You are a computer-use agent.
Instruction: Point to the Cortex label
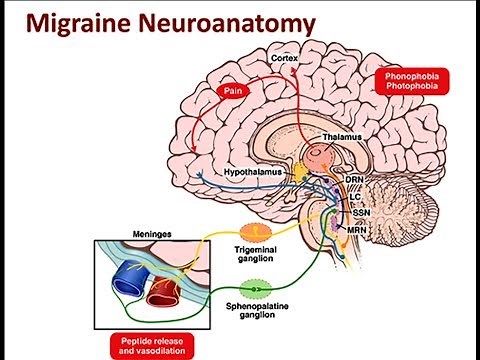285,59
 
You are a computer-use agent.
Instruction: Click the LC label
355,197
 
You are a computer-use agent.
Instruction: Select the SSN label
356,213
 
